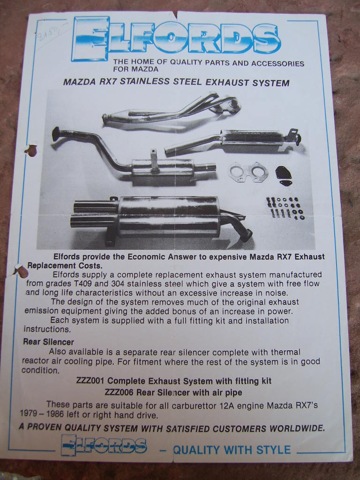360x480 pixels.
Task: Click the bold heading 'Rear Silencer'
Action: point(49,342)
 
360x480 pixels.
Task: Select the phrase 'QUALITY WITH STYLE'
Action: point(232,450)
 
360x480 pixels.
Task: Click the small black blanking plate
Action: point(283,174)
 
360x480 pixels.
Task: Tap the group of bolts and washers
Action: point(285,208)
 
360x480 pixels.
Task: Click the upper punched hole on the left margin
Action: point(31,150)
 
